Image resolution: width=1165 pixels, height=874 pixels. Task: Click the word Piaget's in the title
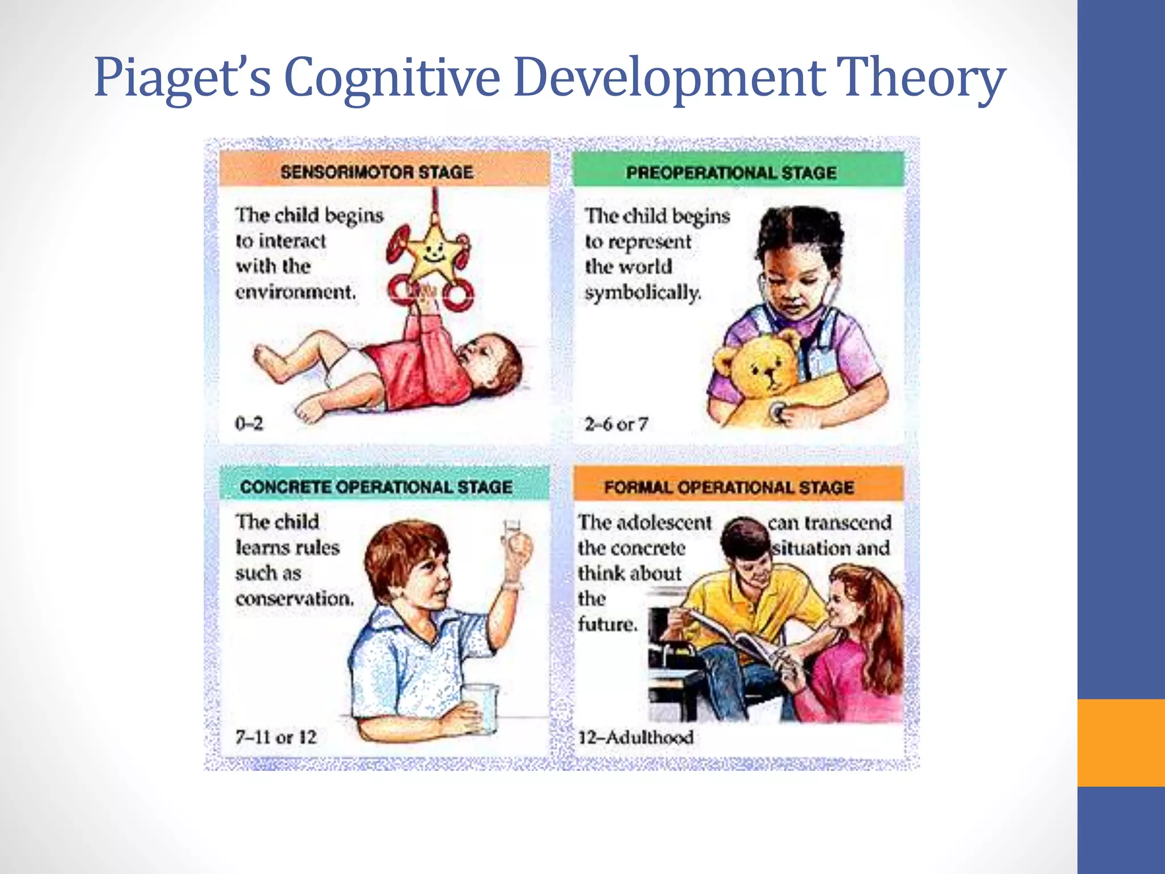pos(182,78)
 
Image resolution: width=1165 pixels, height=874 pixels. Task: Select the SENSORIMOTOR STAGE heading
pos(377,172)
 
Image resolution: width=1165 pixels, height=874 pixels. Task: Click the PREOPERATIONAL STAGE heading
pos(731,172)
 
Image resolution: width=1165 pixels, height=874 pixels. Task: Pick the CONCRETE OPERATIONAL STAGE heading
pos(376,487)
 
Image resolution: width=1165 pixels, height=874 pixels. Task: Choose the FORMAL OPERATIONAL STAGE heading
pos(729,488)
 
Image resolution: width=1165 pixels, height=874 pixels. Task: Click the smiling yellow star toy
pos(433,250)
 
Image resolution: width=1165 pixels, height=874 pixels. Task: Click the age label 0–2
pos(249,423)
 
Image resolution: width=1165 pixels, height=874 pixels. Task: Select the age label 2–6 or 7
pos(616,424)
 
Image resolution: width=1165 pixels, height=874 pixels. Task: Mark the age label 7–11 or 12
pos(276,737)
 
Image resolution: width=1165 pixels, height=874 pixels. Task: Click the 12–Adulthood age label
pos(635,737)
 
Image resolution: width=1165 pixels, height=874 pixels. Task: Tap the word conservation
pos(294,599)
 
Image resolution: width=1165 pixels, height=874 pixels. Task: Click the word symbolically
pos(643,292)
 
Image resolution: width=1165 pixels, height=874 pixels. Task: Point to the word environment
pos(295,292)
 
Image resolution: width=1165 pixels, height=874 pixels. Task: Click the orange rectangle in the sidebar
pos(1121,743)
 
